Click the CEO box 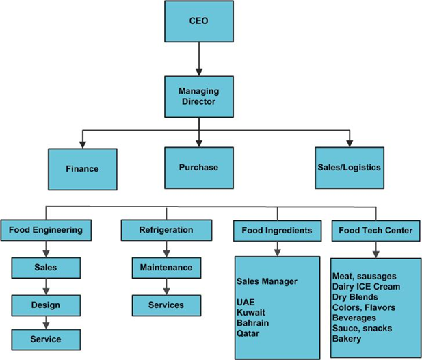(x=198, y=21)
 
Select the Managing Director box (x=198, y=97)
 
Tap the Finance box (x=82, y=168)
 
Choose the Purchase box (x=198, y=168)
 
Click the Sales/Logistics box (x=350, y=167)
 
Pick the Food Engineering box (x=46, y=230)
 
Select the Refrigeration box (x=166, y=230)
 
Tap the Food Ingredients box (x=277, y=231)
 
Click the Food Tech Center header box (x=375, y=231)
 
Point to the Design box (x=46, y=305)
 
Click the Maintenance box (x=166, y=268)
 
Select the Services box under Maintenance (x=166, y=305)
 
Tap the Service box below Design (x=46, y=339)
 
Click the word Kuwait (x=250, y=312)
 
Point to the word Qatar (x=248, y=333)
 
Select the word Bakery (x=347, y=339)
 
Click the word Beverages (x=354, y=318)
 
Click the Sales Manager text (x=267, y=281)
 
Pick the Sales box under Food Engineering (x=46, y=268)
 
